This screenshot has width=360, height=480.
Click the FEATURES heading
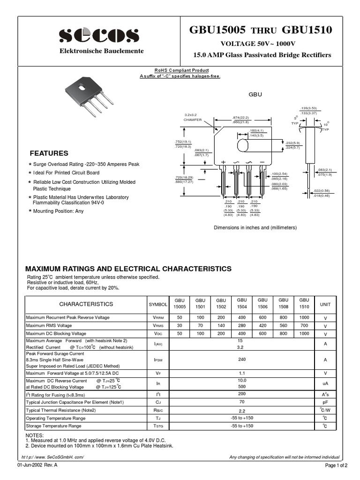(49, 153)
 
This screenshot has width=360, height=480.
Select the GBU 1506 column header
(262, 303)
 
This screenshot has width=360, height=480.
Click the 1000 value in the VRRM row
(304, 318)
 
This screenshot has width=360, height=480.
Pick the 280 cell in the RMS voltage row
(242, 325)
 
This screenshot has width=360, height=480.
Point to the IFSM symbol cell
(157, 360)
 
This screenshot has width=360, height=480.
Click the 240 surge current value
(242, 360)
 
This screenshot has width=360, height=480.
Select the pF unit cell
(325, 403)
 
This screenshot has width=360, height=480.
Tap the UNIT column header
(325, 304)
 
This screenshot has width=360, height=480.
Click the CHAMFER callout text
(192, 120)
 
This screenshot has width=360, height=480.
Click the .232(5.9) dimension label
(292, 142)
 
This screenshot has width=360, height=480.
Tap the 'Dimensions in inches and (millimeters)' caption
(255, 227)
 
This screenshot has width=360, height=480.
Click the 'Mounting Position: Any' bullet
(59, 211)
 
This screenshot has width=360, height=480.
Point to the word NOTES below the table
(34, 435)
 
